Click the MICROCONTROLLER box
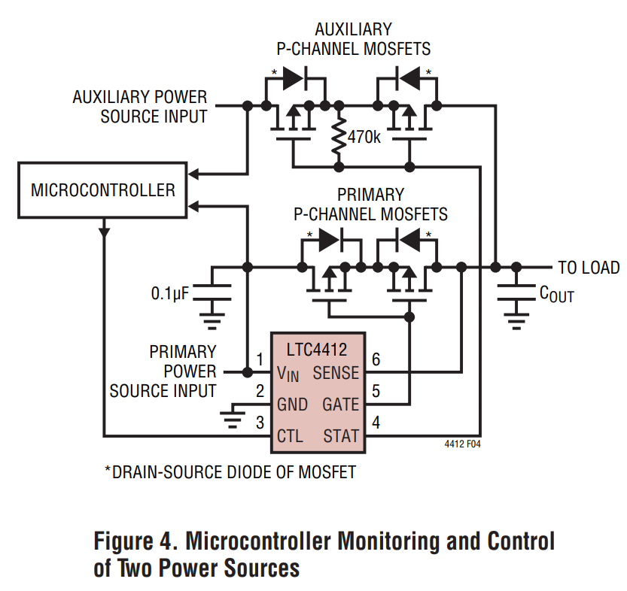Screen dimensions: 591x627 point(102,189)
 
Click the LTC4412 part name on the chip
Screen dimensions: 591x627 point(317,350)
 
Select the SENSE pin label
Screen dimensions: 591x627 point(336,372)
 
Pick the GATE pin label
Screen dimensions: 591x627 point(340,405)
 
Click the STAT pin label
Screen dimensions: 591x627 point(341,436)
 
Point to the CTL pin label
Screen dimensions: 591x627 point(290,436)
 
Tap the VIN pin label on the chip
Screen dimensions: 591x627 point(290,373)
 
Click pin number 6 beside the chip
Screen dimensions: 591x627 point(376,359)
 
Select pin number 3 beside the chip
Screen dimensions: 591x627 point(260,423)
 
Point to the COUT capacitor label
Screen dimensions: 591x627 point(556,294)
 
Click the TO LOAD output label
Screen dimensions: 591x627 point(588,268)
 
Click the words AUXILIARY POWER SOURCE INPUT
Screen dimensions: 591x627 point(140,107)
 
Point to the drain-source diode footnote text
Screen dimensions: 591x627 point(230,472)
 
